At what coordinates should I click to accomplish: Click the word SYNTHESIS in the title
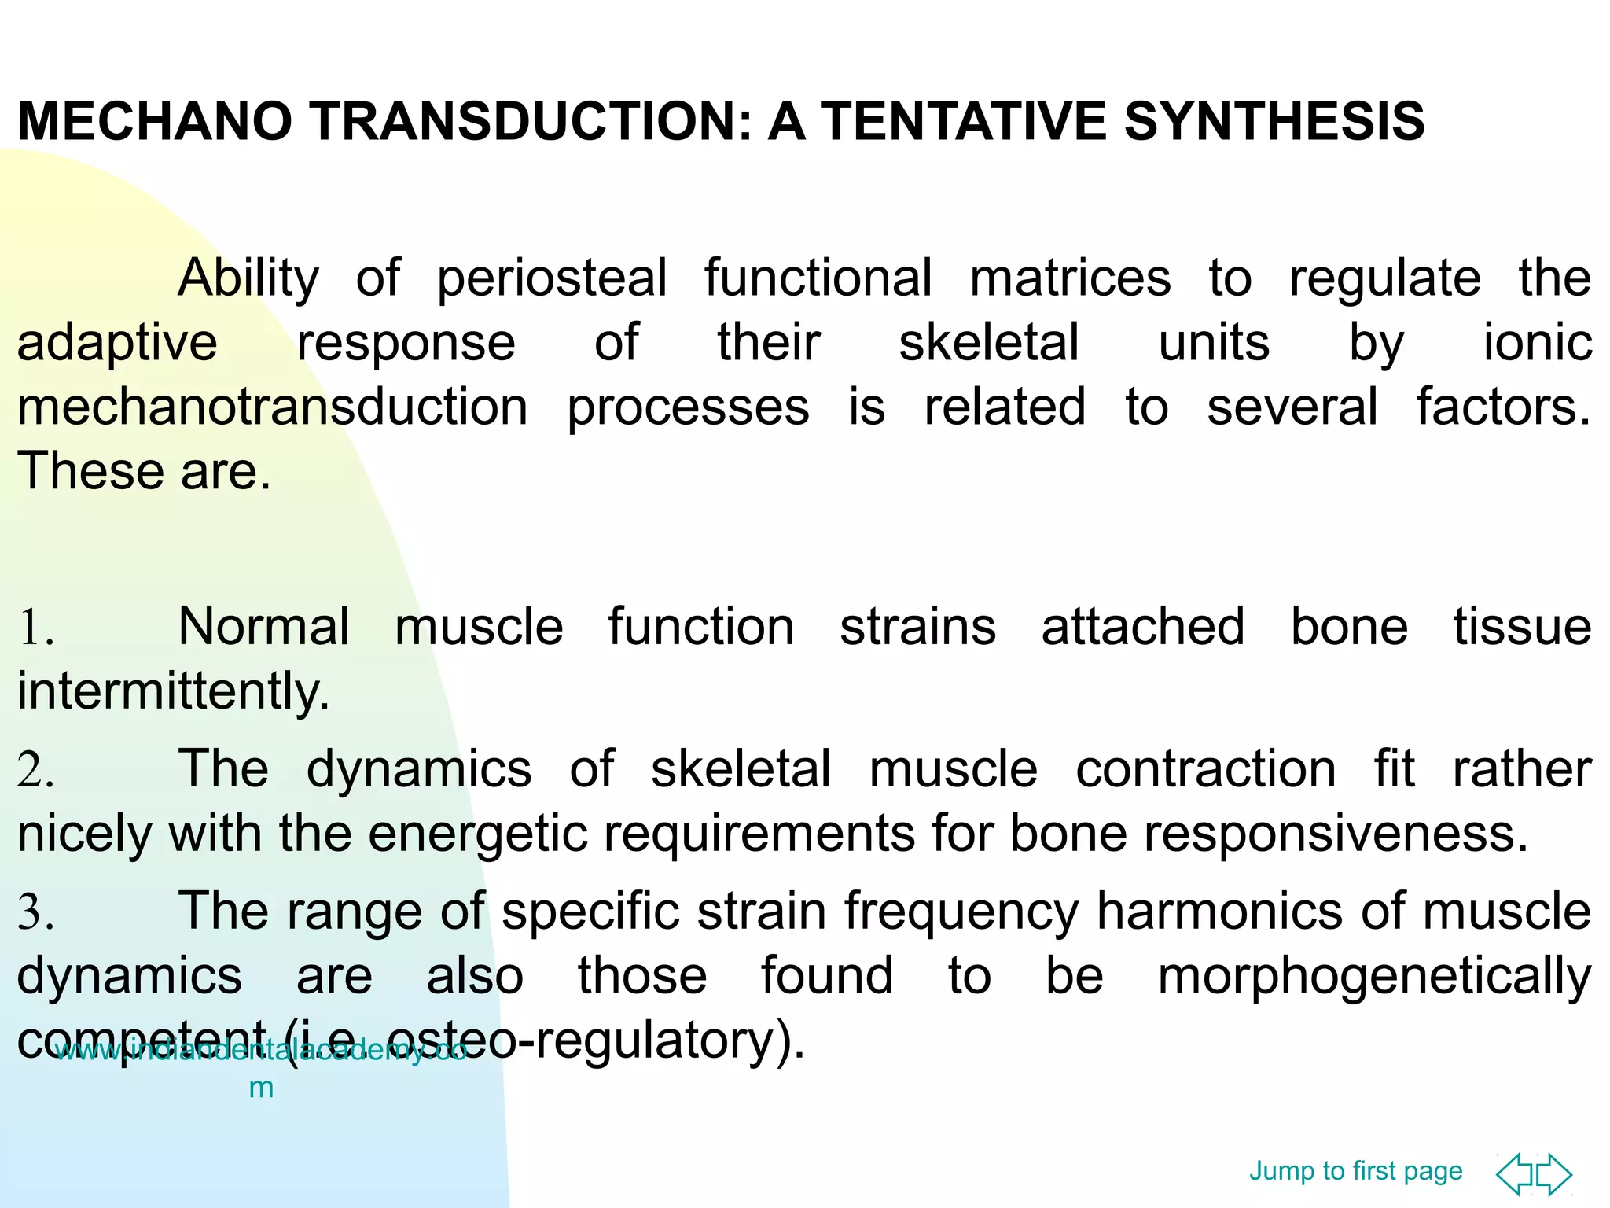[1274, 122]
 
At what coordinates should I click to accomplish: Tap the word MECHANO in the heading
[154, 122]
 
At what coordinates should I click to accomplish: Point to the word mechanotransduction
[272, 407]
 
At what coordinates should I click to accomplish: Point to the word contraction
[1205, 769]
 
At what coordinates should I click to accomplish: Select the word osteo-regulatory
[629, 1040]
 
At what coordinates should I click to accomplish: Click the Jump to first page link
[1355, 1171]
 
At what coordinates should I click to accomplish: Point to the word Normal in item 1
[263, 628]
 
